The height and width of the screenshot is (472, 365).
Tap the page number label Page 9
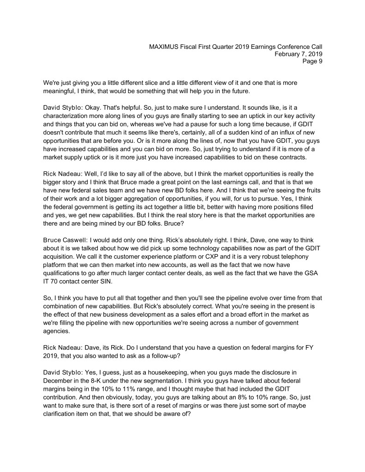click(x=312, y=62)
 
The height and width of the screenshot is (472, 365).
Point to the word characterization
click(x=68, y=115)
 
